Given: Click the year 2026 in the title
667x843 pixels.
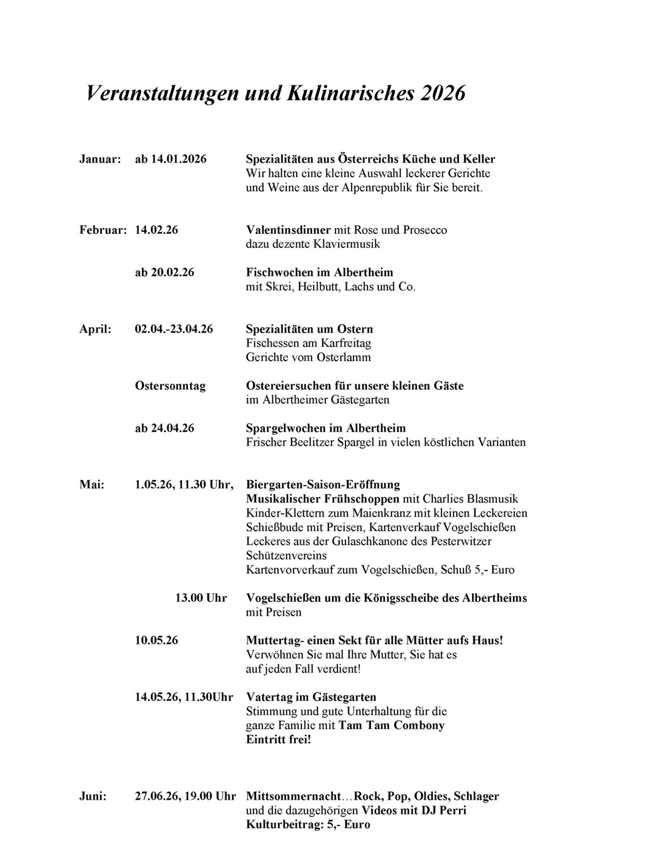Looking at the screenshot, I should click(x=443, y=93).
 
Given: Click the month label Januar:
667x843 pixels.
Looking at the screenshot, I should click(x=100, y=159).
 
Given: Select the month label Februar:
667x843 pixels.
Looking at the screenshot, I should click(x=103, y=230).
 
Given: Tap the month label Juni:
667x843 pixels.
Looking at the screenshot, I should click(x=93, y=796).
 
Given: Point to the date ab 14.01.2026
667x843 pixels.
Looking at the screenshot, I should click(x=171, y=159).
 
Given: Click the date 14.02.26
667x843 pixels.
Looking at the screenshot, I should click(x=157, y=230).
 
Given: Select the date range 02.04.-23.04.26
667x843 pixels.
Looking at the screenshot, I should click(x=174, y=329).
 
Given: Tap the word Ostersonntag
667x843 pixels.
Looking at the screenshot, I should click(x=170, y=386).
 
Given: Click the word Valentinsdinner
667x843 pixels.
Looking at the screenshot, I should click(x=289, y=230).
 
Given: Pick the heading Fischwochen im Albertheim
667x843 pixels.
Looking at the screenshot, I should click(x=319, y=273).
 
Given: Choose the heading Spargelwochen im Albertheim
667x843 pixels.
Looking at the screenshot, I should click(x=325, y=428).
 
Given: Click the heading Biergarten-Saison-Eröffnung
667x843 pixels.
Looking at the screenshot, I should click(x=323, y=484).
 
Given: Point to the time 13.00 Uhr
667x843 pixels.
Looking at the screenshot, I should click(x=201, y=598).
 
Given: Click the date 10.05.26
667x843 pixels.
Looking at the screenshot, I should click(x=157, y=640).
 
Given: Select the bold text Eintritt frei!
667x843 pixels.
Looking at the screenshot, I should click(x=278, y=740).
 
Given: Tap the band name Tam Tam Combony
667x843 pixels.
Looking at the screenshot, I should click(x=392, y=725).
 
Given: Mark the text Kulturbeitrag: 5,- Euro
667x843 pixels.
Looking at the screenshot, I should click(x=308, y=824).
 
